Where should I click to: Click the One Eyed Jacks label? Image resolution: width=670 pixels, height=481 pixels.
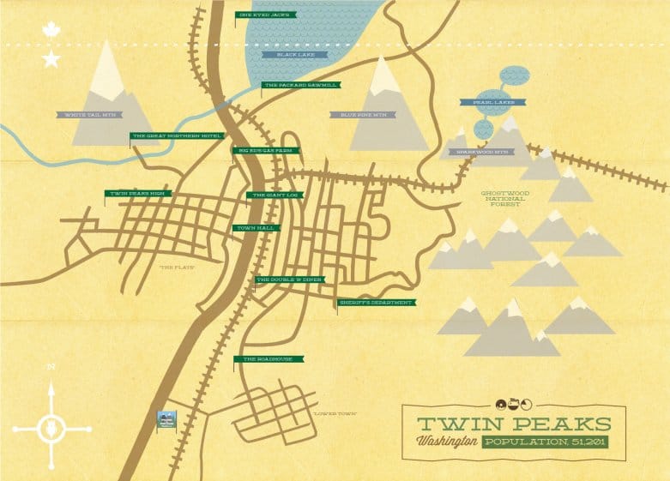coord(265,15)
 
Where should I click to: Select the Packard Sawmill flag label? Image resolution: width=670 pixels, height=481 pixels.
coord(300,85)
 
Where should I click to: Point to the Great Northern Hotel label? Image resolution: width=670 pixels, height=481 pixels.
coord(177,135)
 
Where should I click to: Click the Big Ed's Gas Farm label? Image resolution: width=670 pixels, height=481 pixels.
coord(267,150)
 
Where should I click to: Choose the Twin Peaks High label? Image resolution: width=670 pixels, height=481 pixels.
coord(137,194)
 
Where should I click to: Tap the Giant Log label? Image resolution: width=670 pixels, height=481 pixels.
coord(274,195)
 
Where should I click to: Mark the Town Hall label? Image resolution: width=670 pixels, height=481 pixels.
coord(255,228)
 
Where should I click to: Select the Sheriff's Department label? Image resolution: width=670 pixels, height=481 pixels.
coord(376,303)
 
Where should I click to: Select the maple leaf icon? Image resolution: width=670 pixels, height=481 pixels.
coord(51,30)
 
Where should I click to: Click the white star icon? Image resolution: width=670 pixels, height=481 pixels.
coord(51,58)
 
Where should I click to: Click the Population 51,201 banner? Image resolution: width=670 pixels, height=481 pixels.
coord(544,442)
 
